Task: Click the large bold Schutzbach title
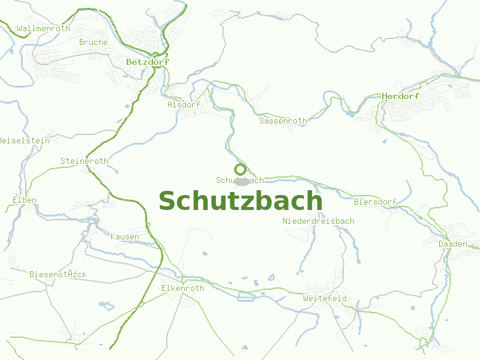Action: (240, 201)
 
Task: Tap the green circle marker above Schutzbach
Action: (240, 169)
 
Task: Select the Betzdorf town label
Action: (148, 62)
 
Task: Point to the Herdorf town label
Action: (401, 96)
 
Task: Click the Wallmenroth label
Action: (44, 28)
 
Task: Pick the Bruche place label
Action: (94, 42)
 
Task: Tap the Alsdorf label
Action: (184, 104)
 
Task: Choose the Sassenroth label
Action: (283, 121)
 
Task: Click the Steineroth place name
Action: (84, 161)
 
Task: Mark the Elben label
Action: (24, 200)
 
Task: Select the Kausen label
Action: (124, 236)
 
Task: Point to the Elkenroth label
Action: (182, 288)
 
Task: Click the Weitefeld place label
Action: (325, 298)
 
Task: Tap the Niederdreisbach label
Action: (318, 221)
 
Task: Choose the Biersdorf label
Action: (375, 202)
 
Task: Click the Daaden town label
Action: (452, 244)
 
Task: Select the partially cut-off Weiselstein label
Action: (23, 140)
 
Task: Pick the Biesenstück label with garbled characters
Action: (58, 274)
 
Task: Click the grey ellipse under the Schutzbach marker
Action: (242, 182)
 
